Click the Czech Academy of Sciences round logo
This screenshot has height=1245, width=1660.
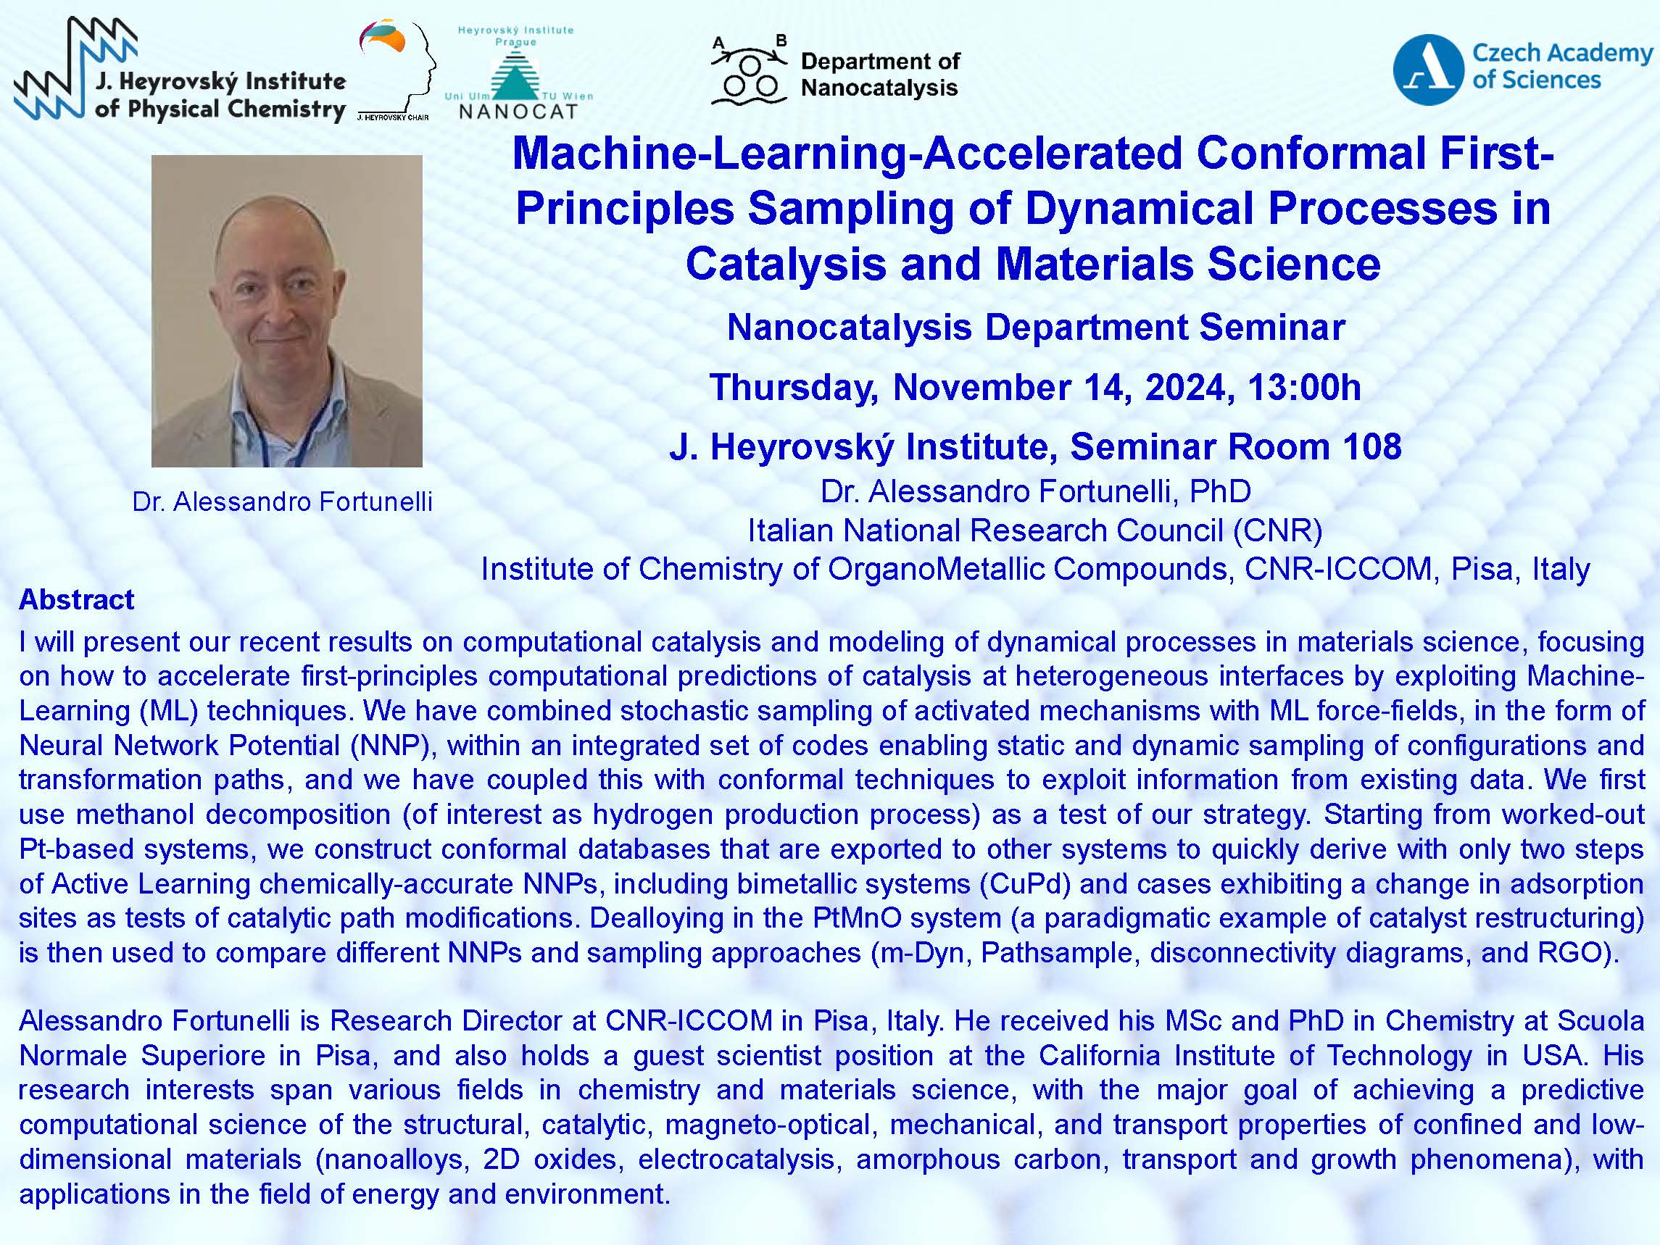click(1428, 69)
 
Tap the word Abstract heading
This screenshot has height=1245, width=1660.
click(77, 599)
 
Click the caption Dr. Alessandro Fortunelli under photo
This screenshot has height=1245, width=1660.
click(283, 501)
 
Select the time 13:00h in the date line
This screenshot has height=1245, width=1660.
click(1304, 387)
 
